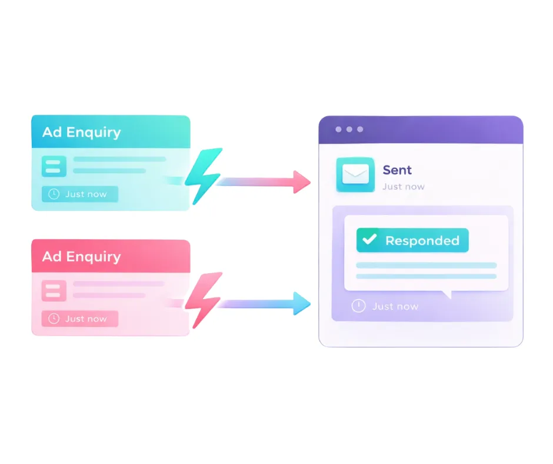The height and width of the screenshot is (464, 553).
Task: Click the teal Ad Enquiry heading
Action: pos(81,132)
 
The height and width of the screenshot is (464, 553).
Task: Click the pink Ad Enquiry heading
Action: pos(81,257)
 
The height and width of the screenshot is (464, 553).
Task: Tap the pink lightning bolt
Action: pos(203,299)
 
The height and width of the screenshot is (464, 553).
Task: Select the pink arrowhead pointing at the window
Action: pos(301,182)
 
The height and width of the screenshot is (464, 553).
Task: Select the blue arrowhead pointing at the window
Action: pos(301,303)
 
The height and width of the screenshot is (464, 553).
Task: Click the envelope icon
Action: pos(355,174)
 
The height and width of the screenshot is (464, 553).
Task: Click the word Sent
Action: pos(397,170)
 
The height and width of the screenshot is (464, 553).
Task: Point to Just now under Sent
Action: pos(403,187)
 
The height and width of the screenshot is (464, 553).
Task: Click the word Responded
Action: pos(422,240)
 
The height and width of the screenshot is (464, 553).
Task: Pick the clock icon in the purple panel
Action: pos(358,306)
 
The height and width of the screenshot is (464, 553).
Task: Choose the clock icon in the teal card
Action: pos(54,194)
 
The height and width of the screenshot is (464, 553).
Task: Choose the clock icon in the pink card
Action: pos(54,319)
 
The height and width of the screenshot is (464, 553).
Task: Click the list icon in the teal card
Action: pos(54,166)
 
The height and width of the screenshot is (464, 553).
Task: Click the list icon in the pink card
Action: pos(54,291)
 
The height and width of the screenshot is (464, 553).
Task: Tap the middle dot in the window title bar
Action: pos(349,130)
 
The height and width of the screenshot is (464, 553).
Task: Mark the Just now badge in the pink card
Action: pos(80,319)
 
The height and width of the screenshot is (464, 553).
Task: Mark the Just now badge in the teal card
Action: pos(80,194)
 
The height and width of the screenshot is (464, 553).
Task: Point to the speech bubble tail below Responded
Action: pos(447,294)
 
